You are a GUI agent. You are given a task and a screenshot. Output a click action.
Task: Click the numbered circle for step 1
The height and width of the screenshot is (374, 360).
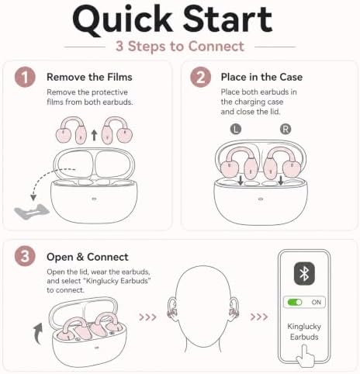pyautogui.click(x=25, y=77)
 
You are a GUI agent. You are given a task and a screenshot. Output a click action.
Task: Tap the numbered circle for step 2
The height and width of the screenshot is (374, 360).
pyautogui.click(x=200, y=77)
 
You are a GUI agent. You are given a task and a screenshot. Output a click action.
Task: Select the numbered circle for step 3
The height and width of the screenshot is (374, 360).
pyautogui.click(x=25, y=257)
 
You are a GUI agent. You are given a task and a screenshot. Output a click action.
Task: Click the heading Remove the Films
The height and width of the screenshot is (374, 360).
pyautogui.click(x=89, y=77)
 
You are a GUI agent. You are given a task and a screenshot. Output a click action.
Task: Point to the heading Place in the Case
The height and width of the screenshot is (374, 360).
pyautogui.click(x=261, y=77)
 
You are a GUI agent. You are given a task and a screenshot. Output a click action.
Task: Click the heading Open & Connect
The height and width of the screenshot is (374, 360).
pyautogui.click(x=88, y=257)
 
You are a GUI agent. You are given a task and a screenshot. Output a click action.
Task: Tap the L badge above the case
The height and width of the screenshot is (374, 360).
pyautogui.click(x=235, y=129)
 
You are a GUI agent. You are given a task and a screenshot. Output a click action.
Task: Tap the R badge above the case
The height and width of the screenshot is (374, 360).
pyautogui.click(x=286, y=129)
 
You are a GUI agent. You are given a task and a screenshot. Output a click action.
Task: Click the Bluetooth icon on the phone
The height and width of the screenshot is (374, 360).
pyautogui.click(x=304, y=274)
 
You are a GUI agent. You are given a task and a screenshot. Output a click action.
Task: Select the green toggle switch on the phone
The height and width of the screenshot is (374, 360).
pyautogui.click(x=295, y=302)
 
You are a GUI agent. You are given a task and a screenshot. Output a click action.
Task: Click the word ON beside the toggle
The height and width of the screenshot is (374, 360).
pyautogui.click(x=316, y=302)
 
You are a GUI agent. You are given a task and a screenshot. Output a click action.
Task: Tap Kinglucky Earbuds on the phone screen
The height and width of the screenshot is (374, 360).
pyautogui.click(x=304, y=331)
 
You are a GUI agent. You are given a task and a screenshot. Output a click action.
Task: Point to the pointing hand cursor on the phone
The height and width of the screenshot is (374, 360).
pyautogui.click(x=306, y=355)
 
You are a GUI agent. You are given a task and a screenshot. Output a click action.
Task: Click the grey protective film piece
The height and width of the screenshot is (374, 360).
pyautogui.click(x=32, y=212)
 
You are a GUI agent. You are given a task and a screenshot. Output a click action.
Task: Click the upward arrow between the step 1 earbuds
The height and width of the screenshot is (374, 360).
pyautogui.click(x=95, y=136)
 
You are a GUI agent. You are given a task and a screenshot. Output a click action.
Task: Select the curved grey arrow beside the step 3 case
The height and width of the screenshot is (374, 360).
pyautogui.click(x=38, y=333)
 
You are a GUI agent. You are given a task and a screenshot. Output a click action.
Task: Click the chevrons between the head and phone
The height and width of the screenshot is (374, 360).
pyautogui.click(x=259, y=317)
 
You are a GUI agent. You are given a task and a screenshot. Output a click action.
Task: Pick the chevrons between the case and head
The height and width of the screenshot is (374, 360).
pyautogui.click(x=147, y=317)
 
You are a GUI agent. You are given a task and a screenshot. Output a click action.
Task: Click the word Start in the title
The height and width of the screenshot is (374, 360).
pyautogui.click(x=227, y=19)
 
